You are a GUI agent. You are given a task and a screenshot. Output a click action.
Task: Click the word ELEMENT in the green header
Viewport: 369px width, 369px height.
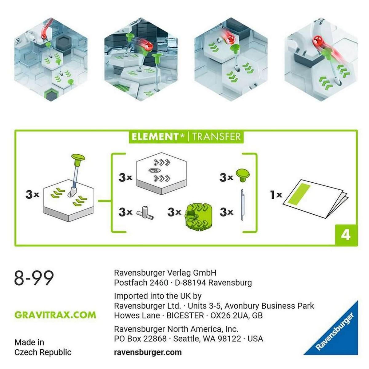pyautogui.click(x=155, y=137)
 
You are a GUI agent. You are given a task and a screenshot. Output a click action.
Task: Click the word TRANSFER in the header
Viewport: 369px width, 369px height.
pyautogui.click(x=216, y=137)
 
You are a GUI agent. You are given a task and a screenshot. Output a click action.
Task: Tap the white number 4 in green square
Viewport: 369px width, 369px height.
pyautogui.click(x=346, y=235)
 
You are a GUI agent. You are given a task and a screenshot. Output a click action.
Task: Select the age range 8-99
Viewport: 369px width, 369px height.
pyautogui.click(x=34, y=278)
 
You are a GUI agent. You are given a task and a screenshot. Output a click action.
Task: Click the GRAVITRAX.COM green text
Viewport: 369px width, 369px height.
pyautogui.click(x=55, y=315)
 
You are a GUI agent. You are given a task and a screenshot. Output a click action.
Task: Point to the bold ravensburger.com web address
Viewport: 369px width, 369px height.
pyautogui.click(x=148, y=352)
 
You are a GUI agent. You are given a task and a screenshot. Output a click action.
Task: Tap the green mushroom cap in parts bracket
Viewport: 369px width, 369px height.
pyautogui.click(x=243, y=175)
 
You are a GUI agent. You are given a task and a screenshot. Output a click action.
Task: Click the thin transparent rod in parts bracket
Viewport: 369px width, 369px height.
pyautogui.click(x=242, y=205)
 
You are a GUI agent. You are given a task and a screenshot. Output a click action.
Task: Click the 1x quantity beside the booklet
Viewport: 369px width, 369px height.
pyautogui.click(x=276, y=195)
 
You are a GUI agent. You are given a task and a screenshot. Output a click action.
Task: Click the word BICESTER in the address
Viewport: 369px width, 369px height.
pyautogui.click(x=185, y=315)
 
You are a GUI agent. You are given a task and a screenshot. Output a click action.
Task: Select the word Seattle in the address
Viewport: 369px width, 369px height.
pyautogui.click(x=186, y=339)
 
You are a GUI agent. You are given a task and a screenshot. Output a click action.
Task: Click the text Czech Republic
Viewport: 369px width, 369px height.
pyautogui.click(x=43, y=352)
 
